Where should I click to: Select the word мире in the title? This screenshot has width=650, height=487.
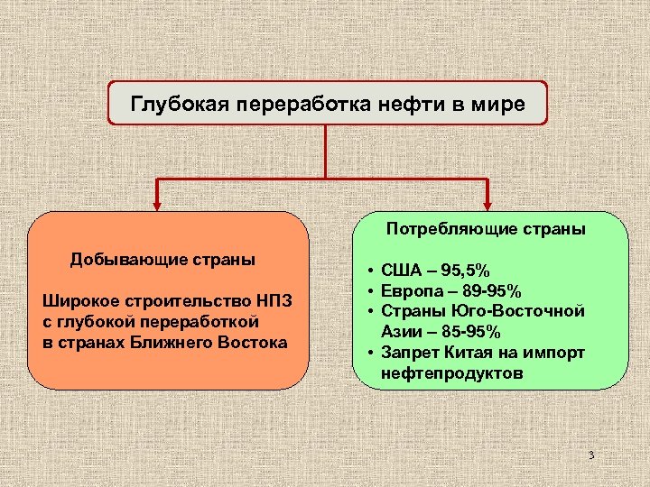[x=499, y=104]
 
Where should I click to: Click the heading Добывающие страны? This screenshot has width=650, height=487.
[x=163, y=260]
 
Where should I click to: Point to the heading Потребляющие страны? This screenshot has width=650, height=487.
[x=487, y=229]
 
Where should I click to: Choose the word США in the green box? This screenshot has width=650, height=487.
[x=400, y=271]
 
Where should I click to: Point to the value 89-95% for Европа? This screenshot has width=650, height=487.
[x=489, y=291]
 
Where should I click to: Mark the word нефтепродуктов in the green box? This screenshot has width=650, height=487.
[x=451, y=372]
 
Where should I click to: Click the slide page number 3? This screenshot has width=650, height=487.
[x=590, y=455]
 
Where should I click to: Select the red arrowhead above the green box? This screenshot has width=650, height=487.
[x=488, y=203]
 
